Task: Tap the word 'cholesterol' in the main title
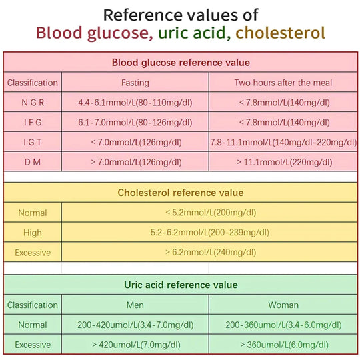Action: coord(280,33)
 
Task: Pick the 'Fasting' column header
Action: coord(135,83)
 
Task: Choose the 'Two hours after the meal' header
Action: coord(283,83)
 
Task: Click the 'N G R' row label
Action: coord(32,103)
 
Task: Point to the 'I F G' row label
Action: coord(32,122)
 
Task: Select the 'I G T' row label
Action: coord(32,142)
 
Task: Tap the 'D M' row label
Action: coord(32,161)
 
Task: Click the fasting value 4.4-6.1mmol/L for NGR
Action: coord(135,103)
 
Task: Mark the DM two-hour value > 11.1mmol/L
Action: coord(283,161)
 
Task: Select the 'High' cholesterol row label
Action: coord(32,233)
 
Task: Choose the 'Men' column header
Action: coord(135,305)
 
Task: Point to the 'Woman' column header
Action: coord(283,305)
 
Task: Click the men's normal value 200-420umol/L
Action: coord(135,325)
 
